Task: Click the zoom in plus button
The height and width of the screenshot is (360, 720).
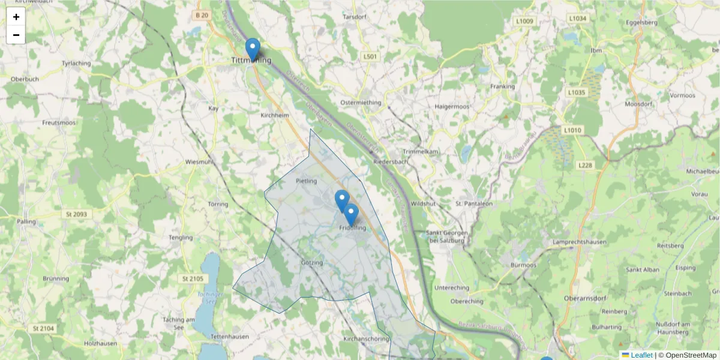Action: tap(16, 17)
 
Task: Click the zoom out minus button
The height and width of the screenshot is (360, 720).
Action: tap(16, 35)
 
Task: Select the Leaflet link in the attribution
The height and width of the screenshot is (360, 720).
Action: tap(641, 355)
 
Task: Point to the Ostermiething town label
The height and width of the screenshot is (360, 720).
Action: tap(361, 102)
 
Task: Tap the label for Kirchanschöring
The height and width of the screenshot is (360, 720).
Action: tap(365, 339)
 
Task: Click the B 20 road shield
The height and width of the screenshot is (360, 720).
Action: tap(202, 15)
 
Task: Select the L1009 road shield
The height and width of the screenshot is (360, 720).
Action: tap(524, 21)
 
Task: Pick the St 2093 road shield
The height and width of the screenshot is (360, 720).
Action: tap(74, 214)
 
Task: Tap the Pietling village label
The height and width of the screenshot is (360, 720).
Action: tap(306, 180)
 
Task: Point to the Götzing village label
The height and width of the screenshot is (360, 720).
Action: tap(312, 263)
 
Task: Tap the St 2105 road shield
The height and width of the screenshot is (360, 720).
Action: tap(193, 279)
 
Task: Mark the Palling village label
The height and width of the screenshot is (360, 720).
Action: tap(26, 222)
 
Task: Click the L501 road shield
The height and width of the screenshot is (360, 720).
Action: tap(370, 56)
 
